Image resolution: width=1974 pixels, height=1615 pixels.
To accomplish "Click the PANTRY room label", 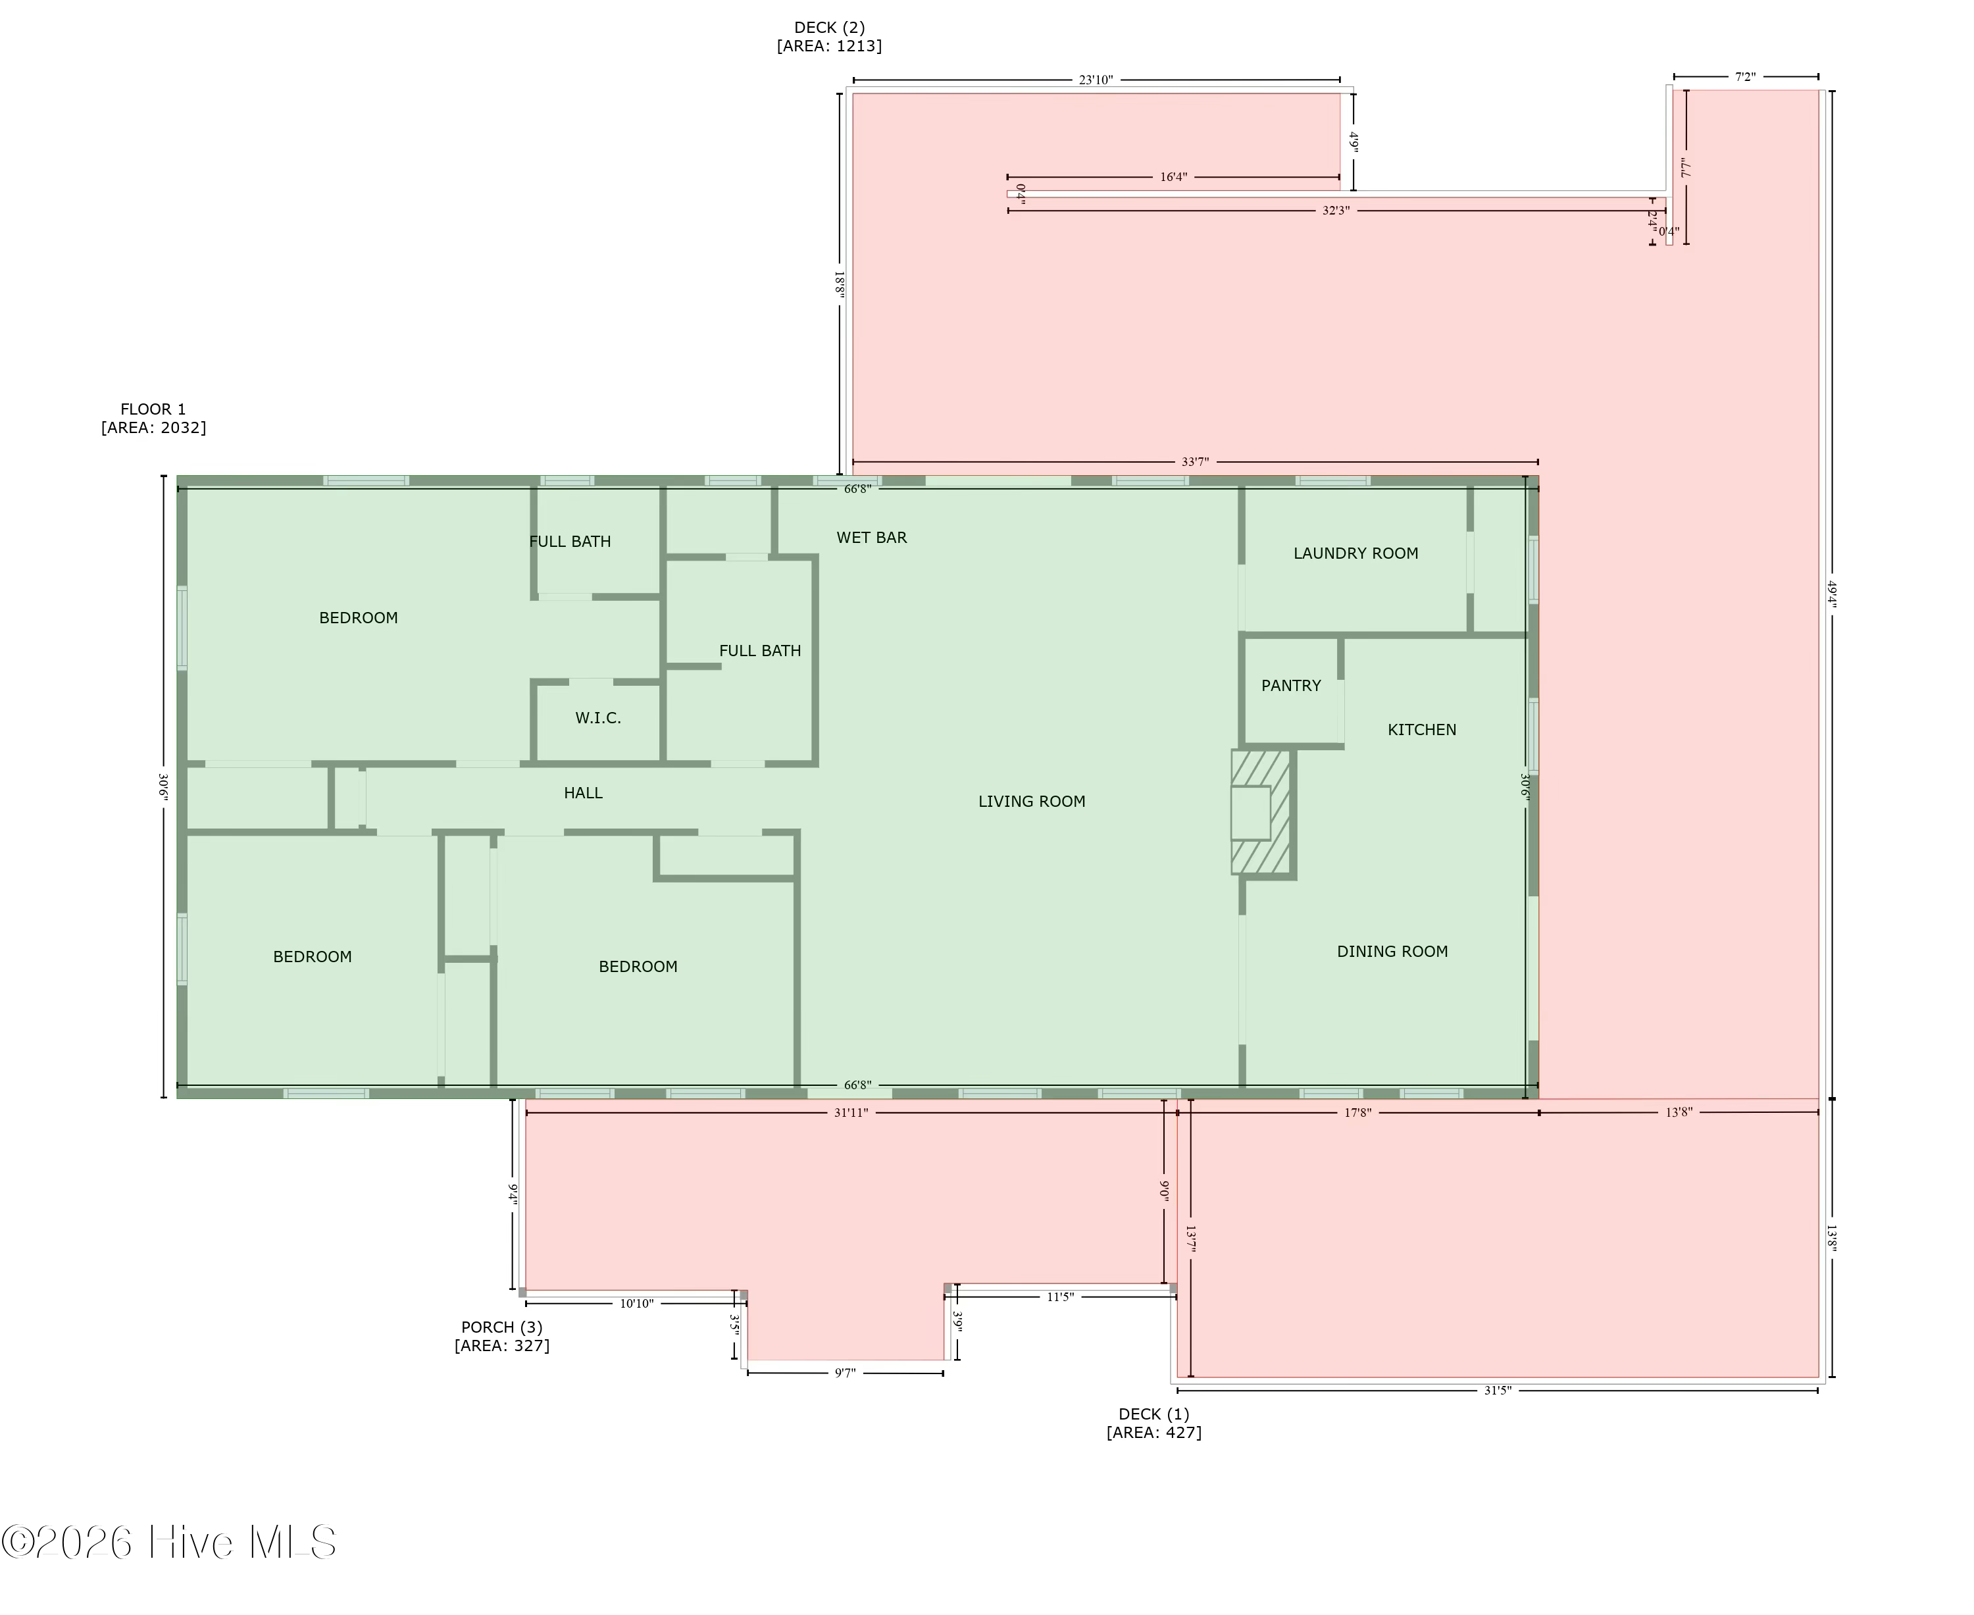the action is (1290, 686).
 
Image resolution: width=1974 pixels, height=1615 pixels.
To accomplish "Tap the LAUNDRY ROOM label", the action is (1355, 553).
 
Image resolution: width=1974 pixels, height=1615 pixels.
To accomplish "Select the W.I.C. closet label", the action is (597, 718).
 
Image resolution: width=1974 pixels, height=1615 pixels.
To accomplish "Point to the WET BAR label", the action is (871, 538).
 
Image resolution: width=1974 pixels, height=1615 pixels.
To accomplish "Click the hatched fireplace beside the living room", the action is (1261, 813).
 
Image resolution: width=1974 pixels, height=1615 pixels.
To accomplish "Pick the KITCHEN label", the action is (1421, 731).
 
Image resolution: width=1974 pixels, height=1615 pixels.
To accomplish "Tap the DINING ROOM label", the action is (1392, 952).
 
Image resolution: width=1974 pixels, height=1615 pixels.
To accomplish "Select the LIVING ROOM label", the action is (1032, 802).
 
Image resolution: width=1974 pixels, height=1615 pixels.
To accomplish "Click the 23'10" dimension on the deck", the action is (1096, 80).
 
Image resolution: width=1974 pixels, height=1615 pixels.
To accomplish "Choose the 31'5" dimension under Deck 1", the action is (1497, 1391).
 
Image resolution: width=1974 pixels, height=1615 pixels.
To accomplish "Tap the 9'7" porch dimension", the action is (845, 1373).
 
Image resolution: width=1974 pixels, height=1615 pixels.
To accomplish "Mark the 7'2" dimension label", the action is (1744, 77).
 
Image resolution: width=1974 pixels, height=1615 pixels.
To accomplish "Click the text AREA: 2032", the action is (153, 428).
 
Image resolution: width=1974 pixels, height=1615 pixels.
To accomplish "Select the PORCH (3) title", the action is (501, 1327).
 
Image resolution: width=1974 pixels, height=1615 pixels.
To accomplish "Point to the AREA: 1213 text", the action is (829, 45).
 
